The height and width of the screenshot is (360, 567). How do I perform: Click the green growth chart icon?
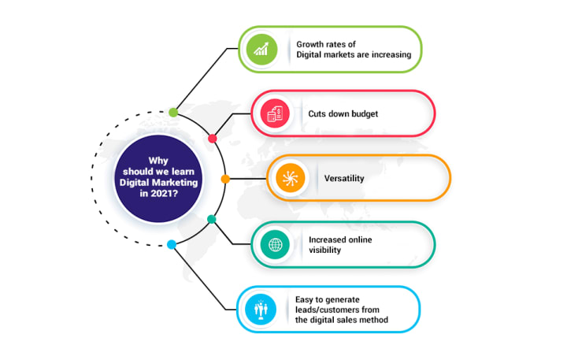[263, 50]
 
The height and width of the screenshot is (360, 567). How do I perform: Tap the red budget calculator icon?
[276, 113]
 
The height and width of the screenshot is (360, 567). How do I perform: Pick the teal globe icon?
[276, 244]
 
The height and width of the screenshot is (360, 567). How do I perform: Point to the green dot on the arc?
[173, 112]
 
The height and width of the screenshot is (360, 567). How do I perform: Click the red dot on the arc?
[212, 139]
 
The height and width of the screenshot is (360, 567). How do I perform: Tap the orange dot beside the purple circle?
[225, 179]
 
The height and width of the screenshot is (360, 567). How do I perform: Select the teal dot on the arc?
[211, 219]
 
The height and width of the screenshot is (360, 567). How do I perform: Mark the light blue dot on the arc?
[172, 245]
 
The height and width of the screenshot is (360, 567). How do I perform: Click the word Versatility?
[344, 179]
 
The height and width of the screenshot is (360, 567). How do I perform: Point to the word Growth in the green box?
[311, 43]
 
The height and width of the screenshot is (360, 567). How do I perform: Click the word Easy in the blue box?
[306, 299]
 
